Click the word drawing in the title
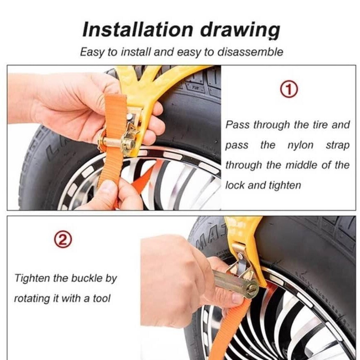click(x=240, y=31)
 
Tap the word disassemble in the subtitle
click(x=250, y=52)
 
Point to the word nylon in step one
click(x=300, y=145)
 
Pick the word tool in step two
click(x=102, y=298)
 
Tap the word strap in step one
click(x=338, y=146)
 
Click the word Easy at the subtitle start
click(x=92, y=52)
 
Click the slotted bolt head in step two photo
click(x=252, y=288)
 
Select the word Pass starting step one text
click(x=237, y=125)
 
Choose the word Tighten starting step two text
click(x=32, y=278)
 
